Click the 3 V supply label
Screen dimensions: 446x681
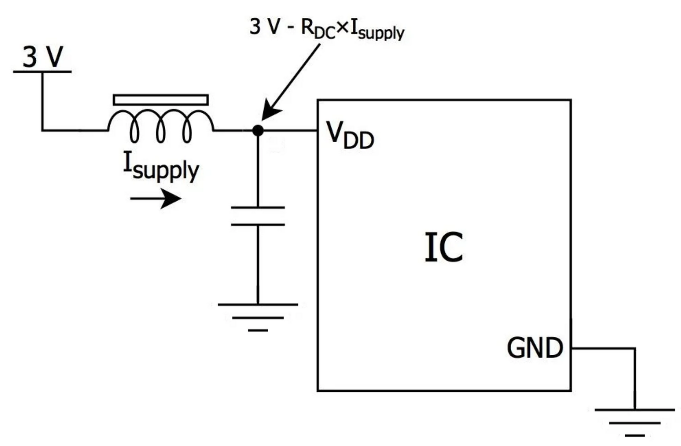tap(42, 57)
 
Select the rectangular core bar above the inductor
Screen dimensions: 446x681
tap(161, 99)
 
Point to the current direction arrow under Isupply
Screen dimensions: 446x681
tap(156, 199)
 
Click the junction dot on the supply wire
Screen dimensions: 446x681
tap(258, 131)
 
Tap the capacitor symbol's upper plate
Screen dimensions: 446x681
tap(258, 208)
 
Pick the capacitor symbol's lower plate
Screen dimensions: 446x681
tap(258, 225)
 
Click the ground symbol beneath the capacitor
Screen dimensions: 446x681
tap(258, 316)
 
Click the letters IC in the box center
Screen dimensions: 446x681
tap(443, 248)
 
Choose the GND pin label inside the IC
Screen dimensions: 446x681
tap(535, 348)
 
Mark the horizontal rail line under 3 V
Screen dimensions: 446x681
tap(42, 72)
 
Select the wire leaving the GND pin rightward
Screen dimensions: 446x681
tap(603, 348)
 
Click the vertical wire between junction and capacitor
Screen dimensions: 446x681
tap(258, 170)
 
